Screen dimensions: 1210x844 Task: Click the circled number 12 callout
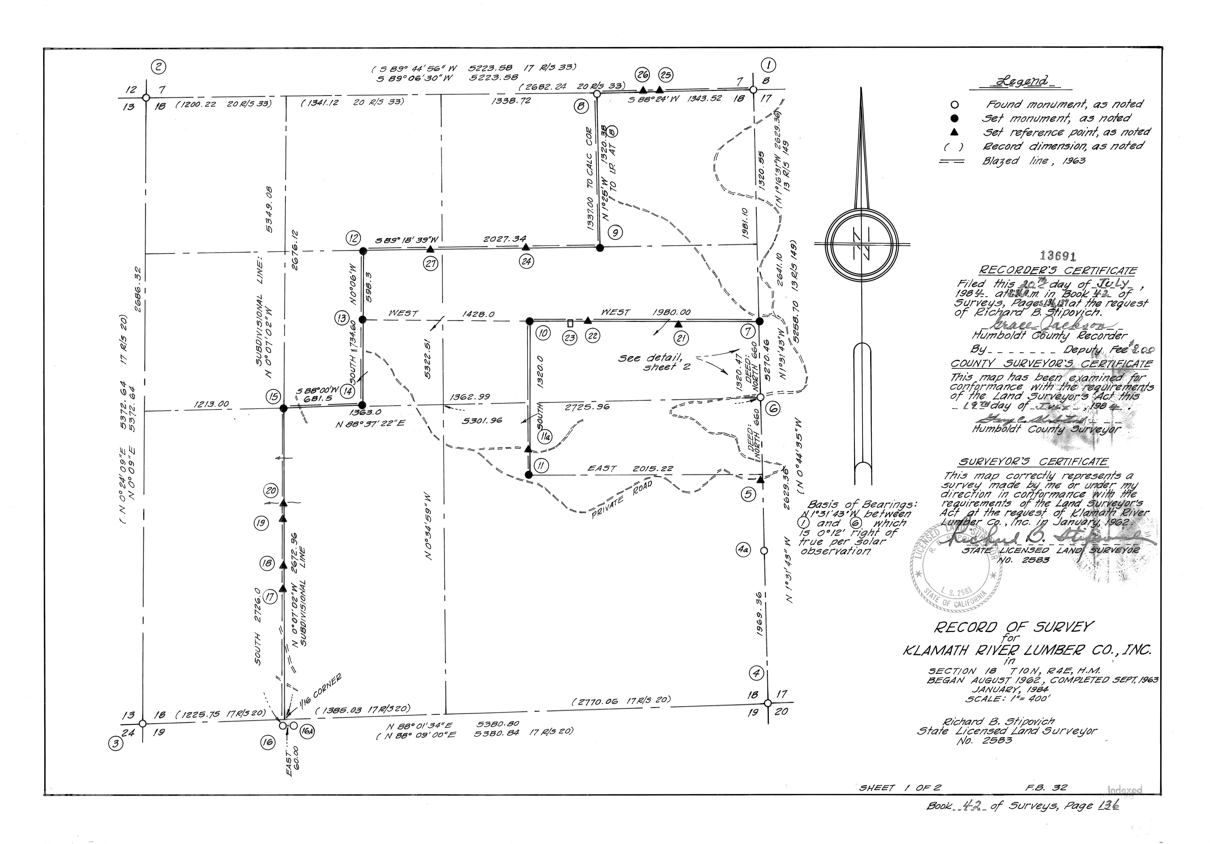pos(353,238)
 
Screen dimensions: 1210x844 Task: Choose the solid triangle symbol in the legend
pos(954,132)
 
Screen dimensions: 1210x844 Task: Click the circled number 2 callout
pos(158,67)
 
